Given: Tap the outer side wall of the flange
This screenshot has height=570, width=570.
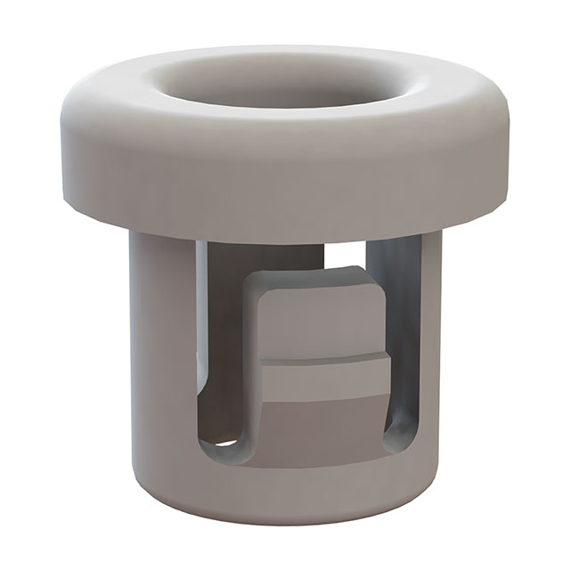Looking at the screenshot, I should (285, 178).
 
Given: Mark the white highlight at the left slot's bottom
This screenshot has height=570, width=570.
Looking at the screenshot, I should (227, 442).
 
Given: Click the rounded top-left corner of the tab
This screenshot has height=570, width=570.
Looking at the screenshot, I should (253, 283).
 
